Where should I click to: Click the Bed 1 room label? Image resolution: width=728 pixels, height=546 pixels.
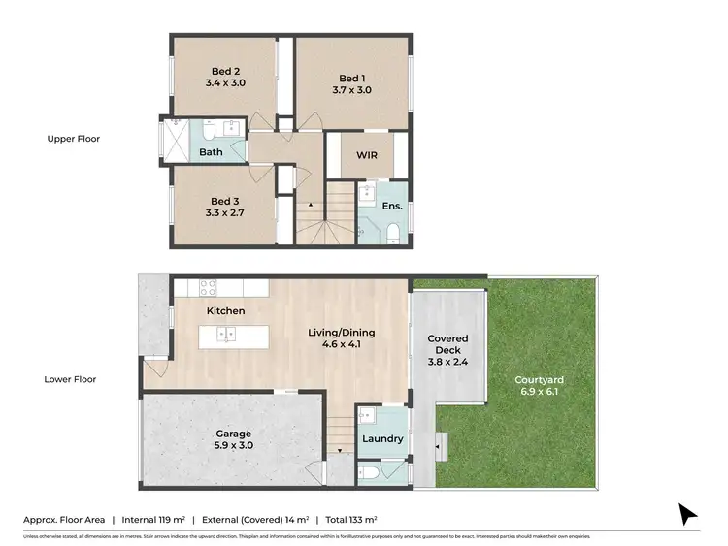point(349,78)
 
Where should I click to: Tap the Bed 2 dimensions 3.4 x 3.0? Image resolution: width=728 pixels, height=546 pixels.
point(225,83)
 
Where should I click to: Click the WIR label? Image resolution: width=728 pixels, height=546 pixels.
point(367,155)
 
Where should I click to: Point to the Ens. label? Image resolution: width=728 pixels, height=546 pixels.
point(391,207)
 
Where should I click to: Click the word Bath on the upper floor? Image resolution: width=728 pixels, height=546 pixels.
point(211,152)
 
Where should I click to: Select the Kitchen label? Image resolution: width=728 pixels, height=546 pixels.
point(225,310)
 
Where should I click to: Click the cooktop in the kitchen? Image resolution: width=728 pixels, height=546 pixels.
point(208,286)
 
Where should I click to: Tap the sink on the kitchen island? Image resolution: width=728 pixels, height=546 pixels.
point(226,336)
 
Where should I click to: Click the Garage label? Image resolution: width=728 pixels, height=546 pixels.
point(234,434)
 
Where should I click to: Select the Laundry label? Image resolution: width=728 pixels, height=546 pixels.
point(382,438)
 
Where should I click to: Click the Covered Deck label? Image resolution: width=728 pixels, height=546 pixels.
point(448,346)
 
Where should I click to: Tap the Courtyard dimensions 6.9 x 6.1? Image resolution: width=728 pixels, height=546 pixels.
point(541,392)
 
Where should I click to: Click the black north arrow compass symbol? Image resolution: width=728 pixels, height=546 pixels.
point(687,513)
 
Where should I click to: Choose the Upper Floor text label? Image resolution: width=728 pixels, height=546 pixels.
point(74,139)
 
